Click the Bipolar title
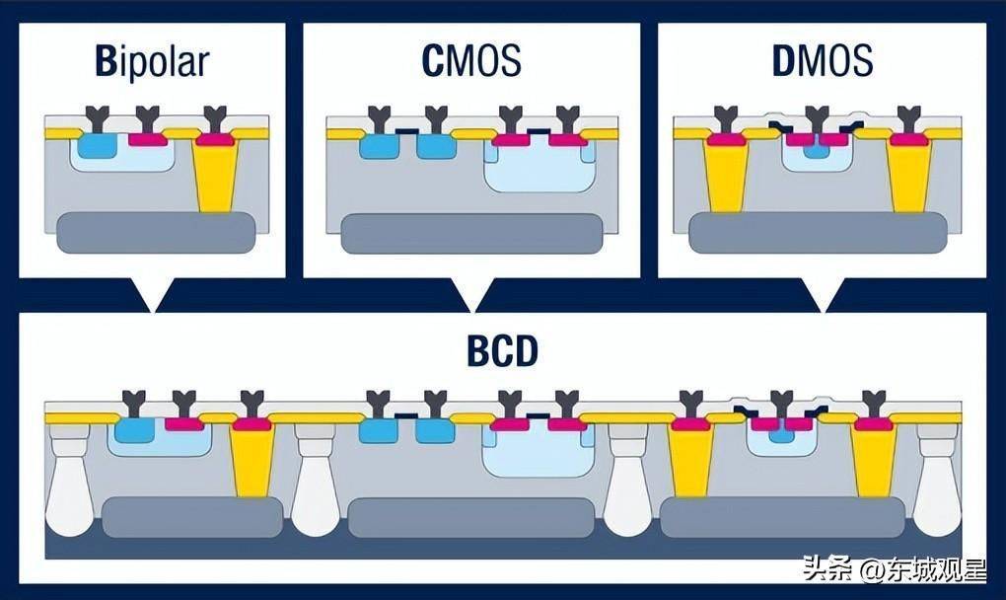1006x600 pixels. coord(153,61)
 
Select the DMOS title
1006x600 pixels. coord(822,61)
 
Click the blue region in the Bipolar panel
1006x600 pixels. coord(96,146)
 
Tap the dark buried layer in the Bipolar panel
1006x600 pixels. coord(156,232)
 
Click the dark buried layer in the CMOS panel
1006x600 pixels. coord(470,234)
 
